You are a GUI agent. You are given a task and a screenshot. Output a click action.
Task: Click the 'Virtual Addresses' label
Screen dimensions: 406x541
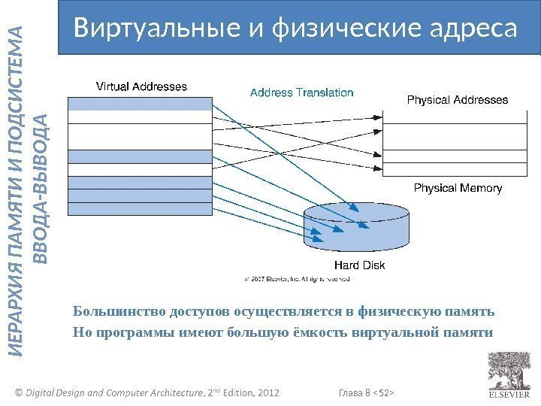[141, 86]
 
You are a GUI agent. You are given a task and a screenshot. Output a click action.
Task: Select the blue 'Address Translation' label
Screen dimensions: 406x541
[301, 93]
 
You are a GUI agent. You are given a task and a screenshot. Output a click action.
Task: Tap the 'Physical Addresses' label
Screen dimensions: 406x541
[457, 99]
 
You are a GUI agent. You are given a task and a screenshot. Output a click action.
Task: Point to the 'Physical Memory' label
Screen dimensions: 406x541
[458, 188]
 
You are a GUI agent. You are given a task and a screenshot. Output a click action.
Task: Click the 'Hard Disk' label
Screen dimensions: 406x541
[358, 265]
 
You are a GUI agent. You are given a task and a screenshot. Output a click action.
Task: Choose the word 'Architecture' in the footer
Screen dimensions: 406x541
[170, 392]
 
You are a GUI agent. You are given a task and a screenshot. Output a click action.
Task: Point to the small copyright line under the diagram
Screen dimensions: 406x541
[298, 279]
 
